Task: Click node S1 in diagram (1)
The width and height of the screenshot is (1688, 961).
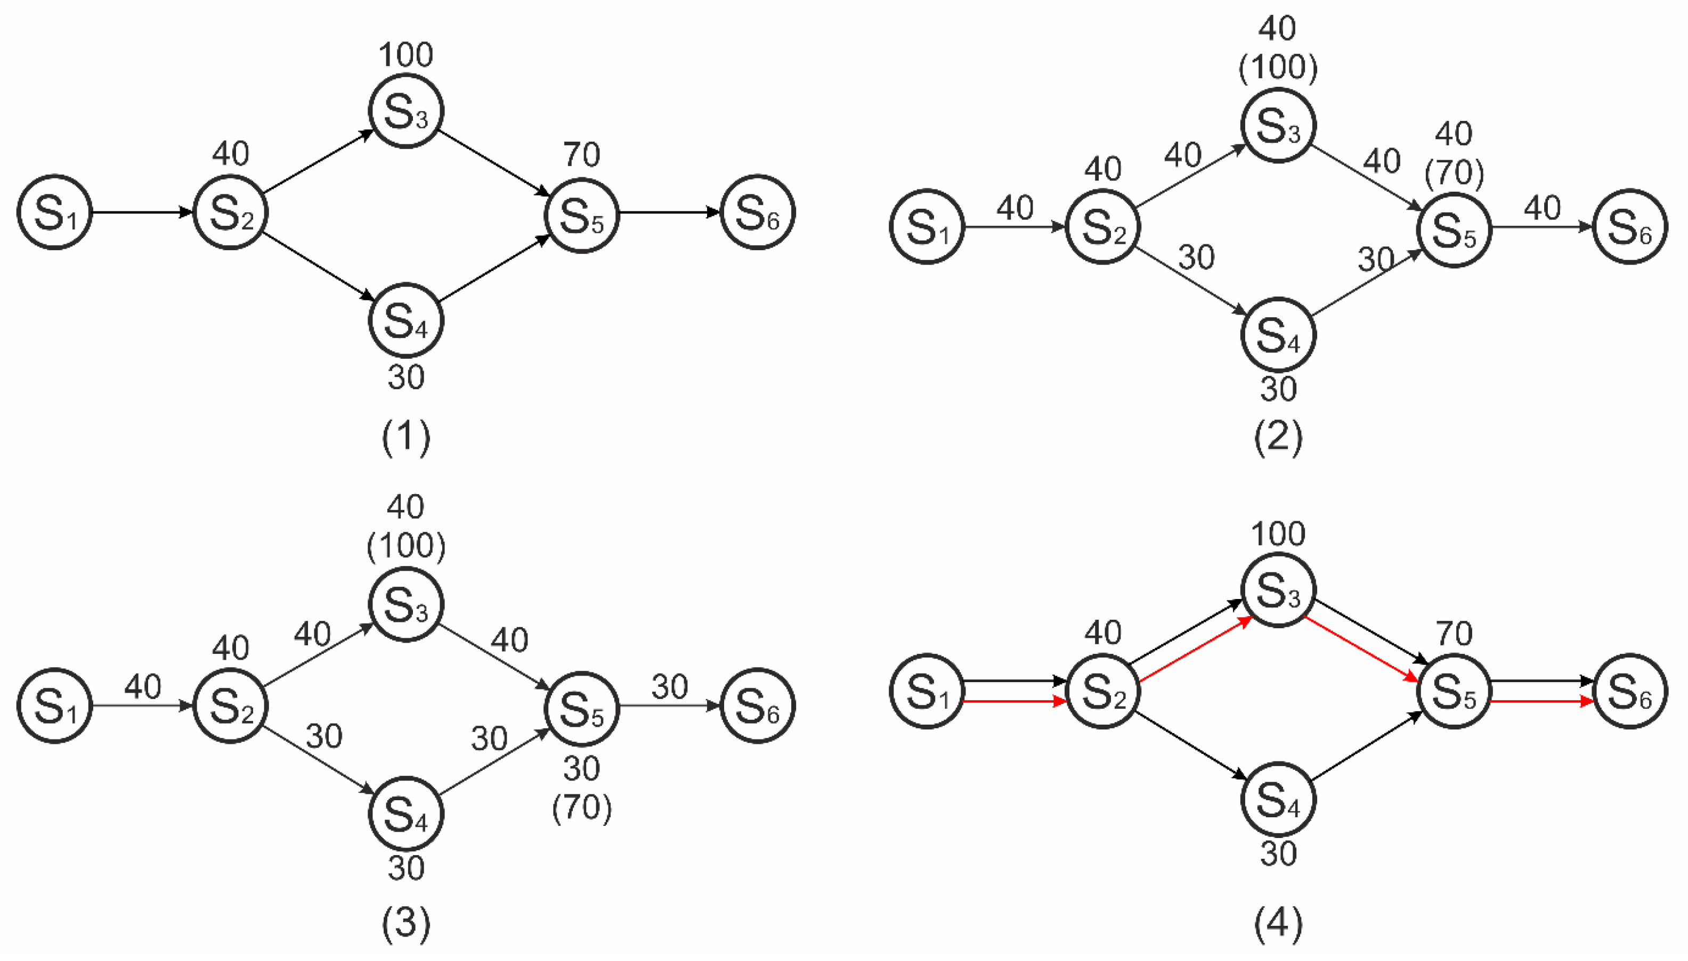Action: [54, 212]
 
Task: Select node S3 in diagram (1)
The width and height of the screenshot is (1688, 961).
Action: [405, 111]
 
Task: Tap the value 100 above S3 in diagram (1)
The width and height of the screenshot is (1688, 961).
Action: [405, 55]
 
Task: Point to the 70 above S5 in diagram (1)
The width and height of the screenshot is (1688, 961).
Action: [582, 155]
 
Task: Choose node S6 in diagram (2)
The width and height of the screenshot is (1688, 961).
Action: [1630, 227]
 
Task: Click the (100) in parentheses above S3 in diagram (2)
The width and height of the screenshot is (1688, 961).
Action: [1278, 67]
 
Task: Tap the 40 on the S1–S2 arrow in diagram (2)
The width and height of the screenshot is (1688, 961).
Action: [1015, 209]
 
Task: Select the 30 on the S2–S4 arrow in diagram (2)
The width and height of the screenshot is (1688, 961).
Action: [1196, 257]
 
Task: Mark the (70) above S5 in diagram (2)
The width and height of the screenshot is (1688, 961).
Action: [1454, 173]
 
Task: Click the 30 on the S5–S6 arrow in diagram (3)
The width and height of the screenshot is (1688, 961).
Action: [670, 687]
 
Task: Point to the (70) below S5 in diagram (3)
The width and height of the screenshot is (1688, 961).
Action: [582, 807]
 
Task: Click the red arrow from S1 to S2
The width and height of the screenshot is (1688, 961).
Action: [1015, 701]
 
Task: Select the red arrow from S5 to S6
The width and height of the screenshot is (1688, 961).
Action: [1543, 701]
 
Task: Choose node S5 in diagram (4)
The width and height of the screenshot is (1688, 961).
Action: [1454, 692]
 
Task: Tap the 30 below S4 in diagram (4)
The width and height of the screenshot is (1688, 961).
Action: [1278, 854]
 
